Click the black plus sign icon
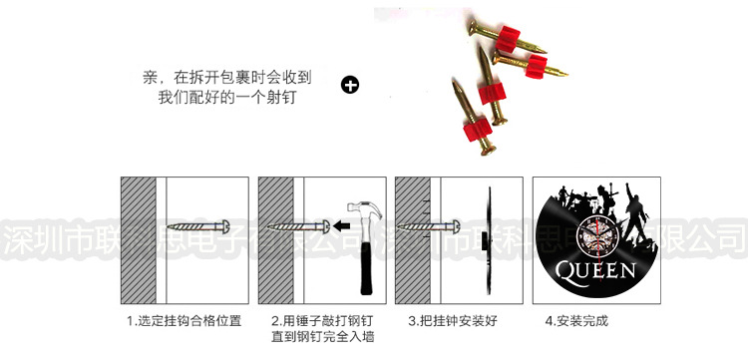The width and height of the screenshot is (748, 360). point(349,85)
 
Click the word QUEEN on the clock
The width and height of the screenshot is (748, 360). point(594,270)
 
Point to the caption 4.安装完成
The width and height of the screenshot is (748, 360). point(575,321)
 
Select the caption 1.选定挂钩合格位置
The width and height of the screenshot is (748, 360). point(183,321)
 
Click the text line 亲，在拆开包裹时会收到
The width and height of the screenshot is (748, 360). point(228,76)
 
